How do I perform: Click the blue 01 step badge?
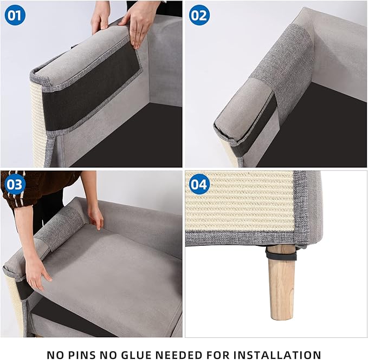click(x=15, y=15)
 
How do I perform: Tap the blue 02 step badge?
click(x=199, y=15)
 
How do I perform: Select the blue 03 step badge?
click(x=15, y=185)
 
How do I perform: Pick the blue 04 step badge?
click(x=199, y=185)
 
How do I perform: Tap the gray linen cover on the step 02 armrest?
click(x=285, y=60)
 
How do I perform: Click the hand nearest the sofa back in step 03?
click(x=96, y=217)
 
